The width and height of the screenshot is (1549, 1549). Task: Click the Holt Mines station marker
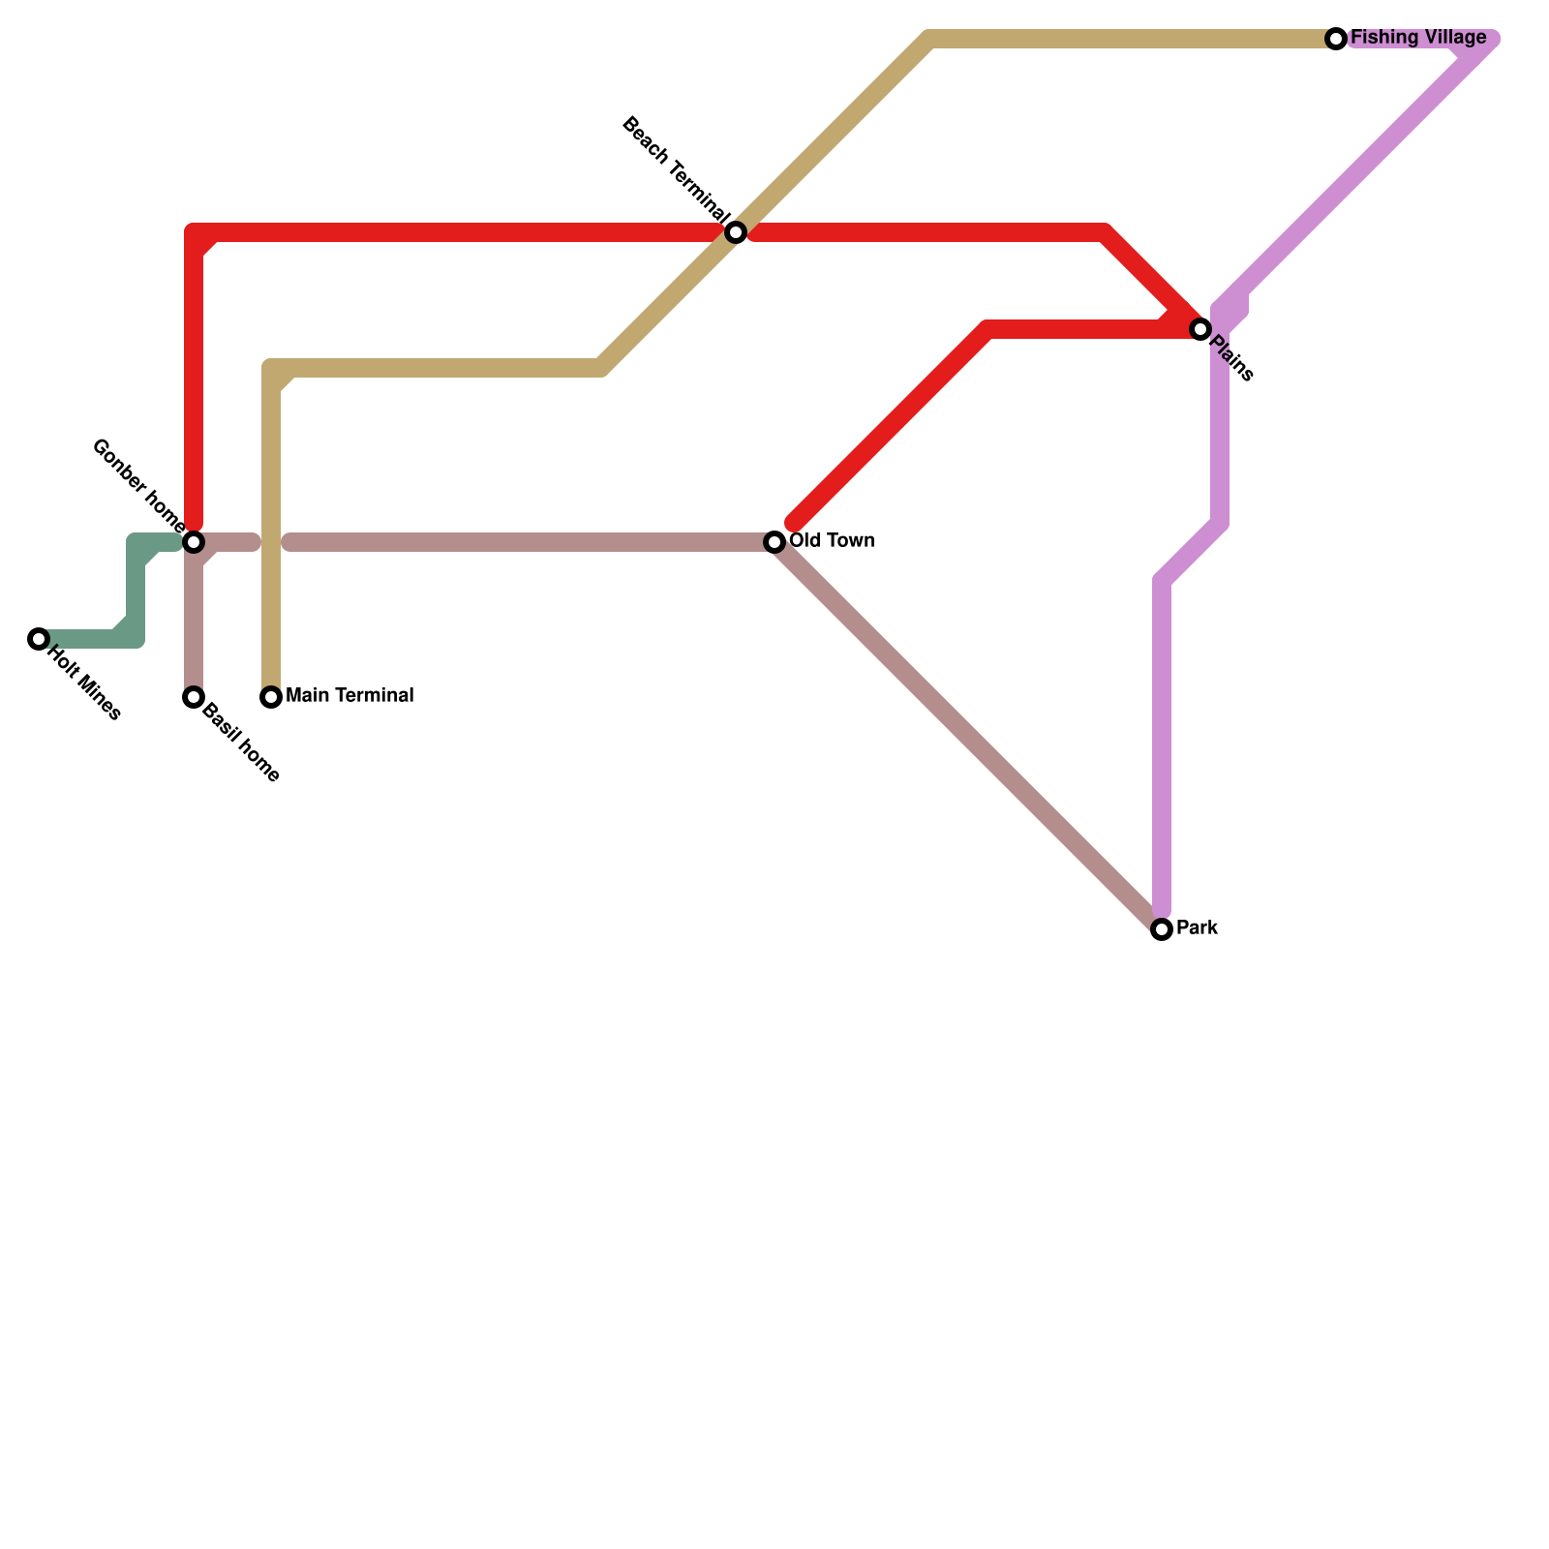tap(39, 639)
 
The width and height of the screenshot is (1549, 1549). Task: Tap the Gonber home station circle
tap(194, 542)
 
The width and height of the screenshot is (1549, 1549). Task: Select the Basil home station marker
tap(194, 697)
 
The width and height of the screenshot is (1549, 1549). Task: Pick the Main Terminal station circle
tap(271, 697)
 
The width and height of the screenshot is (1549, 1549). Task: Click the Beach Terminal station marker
tap(736, 232)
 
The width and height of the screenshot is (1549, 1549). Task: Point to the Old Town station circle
tap(774, 542)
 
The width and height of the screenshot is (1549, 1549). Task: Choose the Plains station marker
tap(1200, 329)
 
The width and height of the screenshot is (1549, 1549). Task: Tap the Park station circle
tap(1162, 929)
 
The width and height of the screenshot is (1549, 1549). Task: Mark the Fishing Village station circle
tap(1336, 39)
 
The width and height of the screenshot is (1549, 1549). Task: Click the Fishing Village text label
tap(1418, 38)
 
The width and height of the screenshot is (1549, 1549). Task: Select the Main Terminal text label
tap(349, 695)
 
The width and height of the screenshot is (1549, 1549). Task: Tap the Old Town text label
tap(832, 540)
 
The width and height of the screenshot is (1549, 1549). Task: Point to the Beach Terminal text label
tap(676, 167)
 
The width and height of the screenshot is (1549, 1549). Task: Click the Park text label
tap(1197, 927)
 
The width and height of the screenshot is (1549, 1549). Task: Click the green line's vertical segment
tap(136, 591)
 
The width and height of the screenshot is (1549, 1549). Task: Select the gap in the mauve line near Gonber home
tap(272, 542)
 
